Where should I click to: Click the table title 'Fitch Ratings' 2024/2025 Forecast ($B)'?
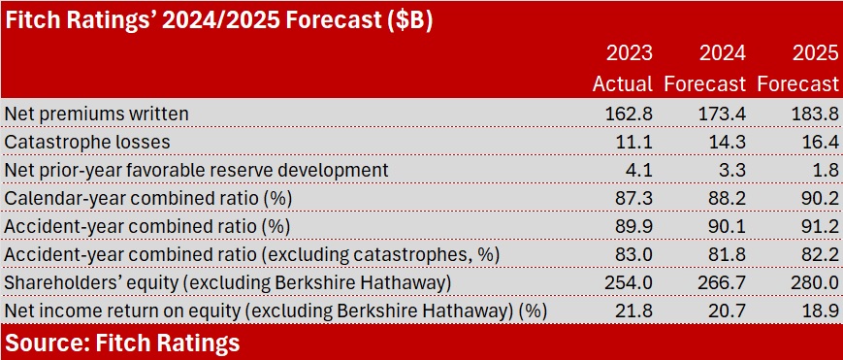(217, 22)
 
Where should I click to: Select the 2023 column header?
(629, 52)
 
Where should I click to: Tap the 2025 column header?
(815, 52)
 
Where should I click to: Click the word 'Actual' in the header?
(623, 84)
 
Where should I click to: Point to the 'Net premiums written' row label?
(96, 114)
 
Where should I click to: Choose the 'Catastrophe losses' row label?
(87, 142)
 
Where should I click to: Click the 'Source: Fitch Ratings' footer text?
(121, 343)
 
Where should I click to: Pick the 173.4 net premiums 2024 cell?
(722, 114)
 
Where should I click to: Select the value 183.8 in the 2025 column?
(815, 114)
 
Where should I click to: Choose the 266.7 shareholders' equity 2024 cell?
(722, 283)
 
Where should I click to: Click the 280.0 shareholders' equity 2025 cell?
(815, 283)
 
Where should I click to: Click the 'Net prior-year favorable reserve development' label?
(196, 170)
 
